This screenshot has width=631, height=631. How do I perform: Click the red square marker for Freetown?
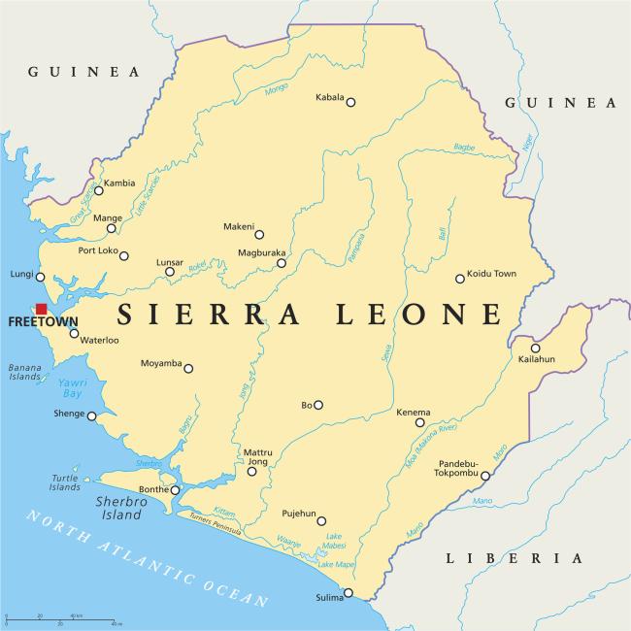click(41, 309)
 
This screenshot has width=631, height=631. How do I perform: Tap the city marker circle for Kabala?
click(350, 102)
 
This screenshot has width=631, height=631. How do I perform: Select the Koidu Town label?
click(491, 274)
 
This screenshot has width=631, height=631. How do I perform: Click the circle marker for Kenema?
click(420, 422)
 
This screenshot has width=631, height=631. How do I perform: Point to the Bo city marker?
click(318, 405)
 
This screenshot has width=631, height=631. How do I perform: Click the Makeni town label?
click(238, 225)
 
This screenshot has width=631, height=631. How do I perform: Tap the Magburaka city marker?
click(282, 263)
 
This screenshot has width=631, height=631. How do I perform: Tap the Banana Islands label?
click(25, 373)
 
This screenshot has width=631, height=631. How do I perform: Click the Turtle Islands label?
click(65, 482)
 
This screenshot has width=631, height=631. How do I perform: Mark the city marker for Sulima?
click(349, 592)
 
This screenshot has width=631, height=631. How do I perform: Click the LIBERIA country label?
click(514, 558)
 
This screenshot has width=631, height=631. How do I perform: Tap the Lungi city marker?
click(40, 277)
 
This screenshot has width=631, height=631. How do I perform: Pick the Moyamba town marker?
click(188, 368)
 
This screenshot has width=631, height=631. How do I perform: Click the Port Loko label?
click(97, 251)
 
